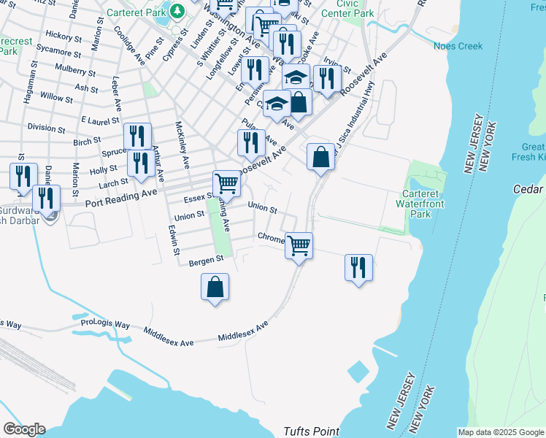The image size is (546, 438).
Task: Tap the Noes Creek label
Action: [x=458, y=46]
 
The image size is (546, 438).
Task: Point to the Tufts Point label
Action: [x=311, y=431]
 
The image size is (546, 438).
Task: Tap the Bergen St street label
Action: [x=206, y=261]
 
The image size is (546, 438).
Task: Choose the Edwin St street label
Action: [x=175, y=239]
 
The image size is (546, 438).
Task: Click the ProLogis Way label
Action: [x=105, y=323]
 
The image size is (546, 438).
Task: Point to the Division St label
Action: [x=47, y=127]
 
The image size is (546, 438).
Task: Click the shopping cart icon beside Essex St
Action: [x=227, y=183]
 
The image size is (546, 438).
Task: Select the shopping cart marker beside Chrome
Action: [x=299, y=245]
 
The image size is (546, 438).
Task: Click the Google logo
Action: [x=24, y=429]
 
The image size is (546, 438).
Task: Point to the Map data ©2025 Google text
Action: [x=500, y=432]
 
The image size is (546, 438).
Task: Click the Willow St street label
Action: [x=57, y=97]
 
